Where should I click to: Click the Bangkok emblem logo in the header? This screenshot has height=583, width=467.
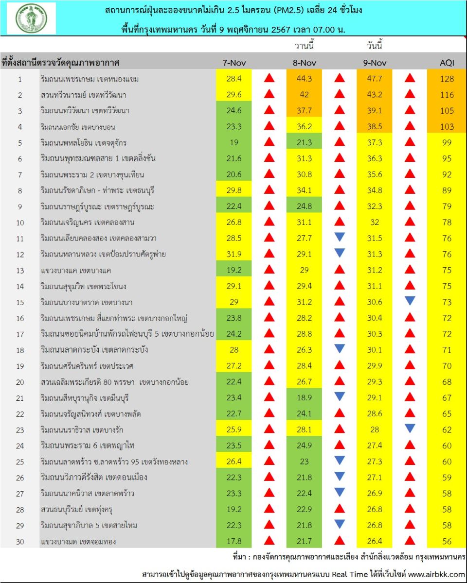[x=31, y=18]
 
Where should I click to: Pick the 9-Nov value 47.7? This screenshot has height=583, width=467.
[x=374, y=79]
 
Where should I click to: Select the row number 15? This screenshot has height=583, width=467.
[x=20, y=302]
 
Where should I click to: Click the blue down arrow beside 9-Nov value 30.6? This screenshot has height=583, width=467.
[x=411, y=301]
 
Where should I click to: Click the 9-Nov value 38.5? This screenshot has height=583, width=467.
[x=374, y=126]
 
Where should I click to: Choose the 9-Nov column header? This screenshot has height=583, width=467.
[x=374, y=63]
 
